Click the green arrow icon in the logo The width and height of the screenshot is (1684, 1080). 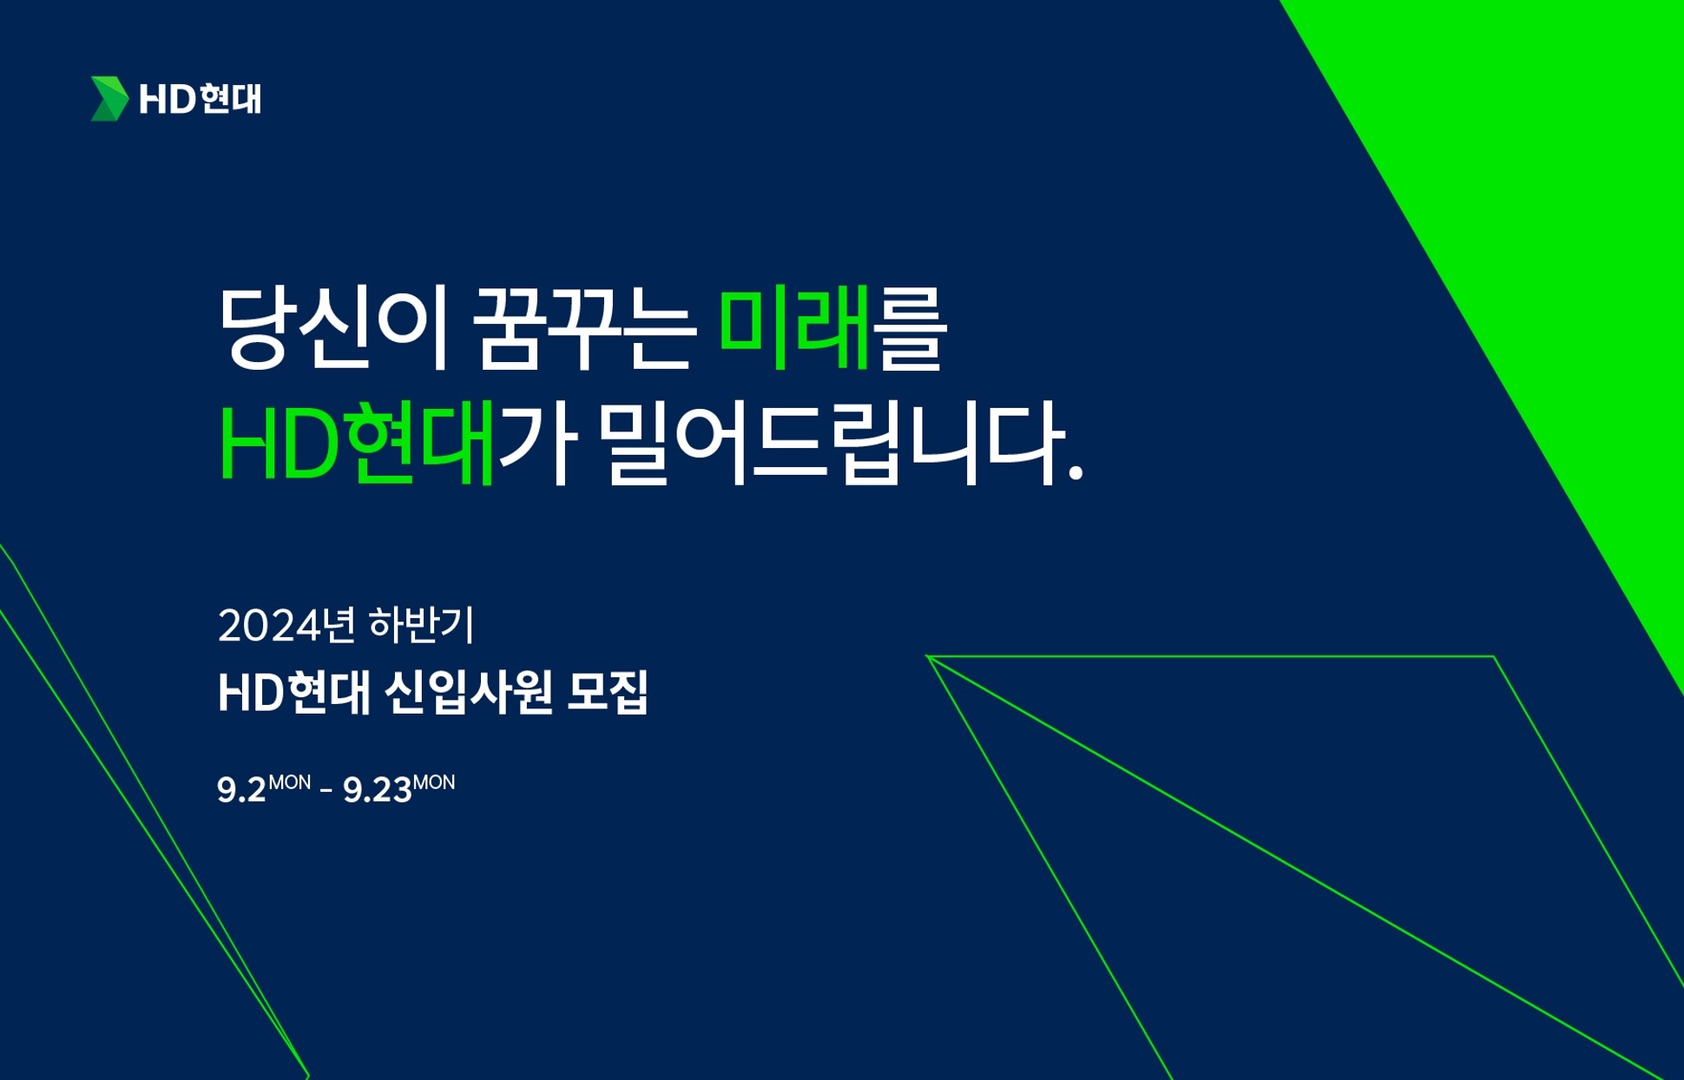109,99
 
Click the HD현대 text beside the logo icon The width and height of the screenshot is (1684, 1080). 201,100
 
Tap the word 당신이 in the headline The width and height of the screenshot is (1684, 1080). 333,328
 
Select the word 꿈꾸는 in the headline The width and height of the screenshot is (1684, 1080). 585,328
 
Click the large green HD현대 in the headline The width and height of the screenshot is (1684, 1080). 357,442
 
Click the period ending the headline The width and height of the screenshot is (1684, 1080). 1076,472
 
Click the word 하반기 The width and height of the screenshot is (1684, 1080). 422,624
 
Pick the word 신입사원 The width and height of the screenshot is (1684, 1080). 468,692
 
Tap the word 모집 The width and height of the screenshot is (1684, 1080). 608,692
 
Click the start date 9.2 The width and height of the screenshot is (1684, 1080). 241,790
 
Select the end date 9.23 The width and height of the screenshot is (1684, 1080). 378,790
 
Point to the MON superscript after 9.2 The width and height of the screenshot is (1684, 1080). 290,782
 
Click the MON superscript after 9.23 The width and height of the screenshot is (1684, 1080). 434,782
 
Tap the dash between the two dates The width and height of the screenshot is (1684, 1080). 326,791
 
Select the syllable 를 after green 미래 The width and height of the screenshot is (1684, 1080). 910,328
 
